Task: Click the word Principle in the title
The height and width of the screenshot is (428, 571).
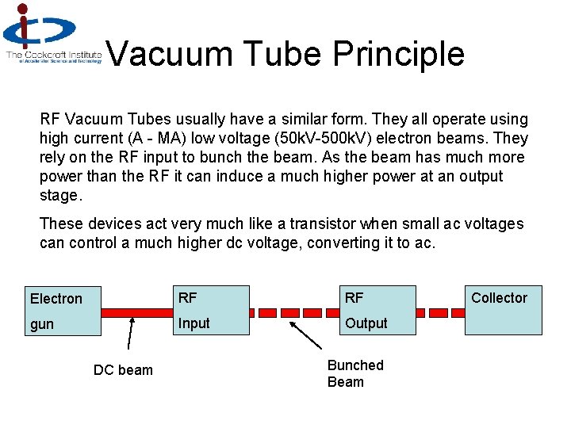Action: pyautogui.click(x=398, y=54)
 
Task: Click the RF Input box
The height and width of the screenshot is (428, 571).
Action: pyautogui.click(x=211, y=310)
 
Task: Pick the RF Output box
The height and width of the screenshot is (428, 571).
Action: pyautogui.click(x=377, y=310)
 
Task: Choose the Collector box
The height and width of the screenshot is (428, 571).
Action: pyautogui.click(x=503, y=310)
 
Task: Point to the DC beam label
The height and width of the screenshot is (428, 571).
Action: pyautogui.click(x=123, y=370)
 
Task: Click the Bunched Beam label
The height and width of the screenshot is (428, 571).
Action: pyautogui.click(x=355, y=373)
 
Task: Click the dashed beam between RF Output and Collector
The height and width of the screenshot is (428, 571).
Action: pyautogui.click(x=440, y=311)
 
